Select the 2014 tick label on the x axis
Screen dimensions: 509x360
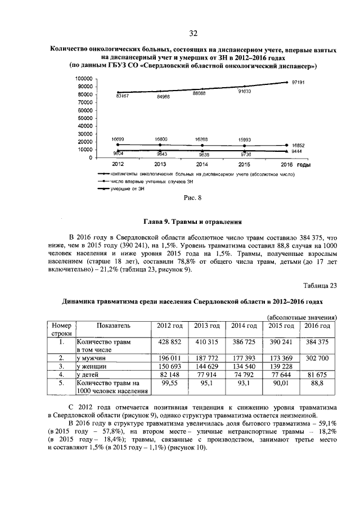(201, 164)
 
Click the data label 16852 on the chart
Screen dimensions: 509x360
(298, 145)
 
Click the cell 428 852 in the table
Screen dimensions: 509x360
(168, 342)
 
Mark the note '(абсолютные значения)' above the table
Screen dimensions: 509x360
(301, 317)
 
